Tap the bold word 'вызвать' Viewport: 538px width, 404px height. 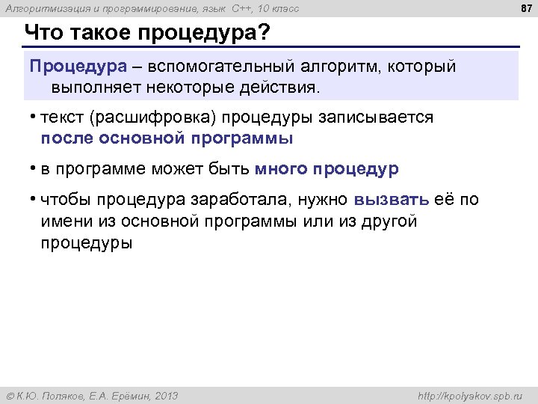pos(392,200)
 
